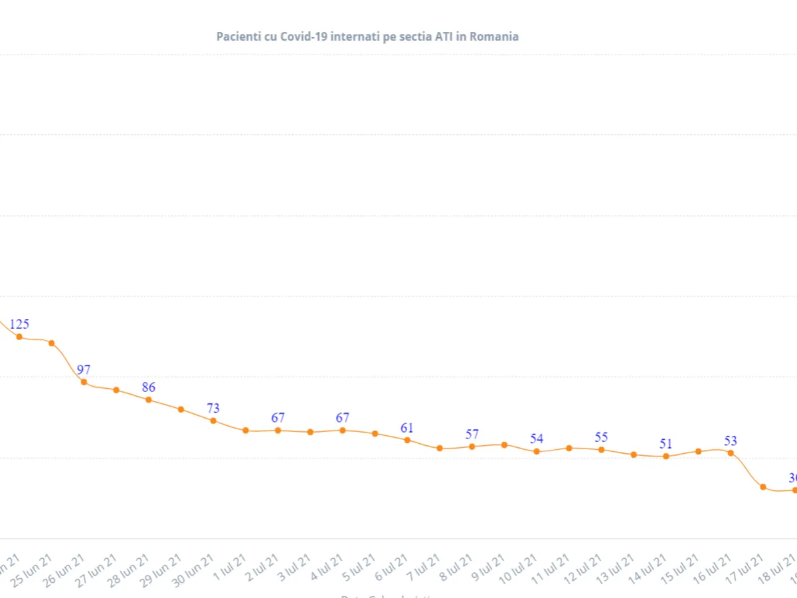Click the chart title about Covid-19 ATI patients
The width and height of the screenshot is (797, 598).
point(367,37)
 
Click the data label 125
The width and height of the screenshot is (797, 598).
point(19,324)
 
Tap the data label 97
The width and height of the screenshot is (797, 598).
point(84,370)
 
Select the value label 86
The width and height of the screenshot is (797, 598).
point(148,387)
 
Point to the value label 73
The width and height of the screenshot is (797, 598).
point(213,408)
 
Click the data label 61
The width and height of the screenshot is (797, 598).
point(407,428)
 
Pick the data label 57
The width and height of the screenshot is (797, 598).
point(472,435)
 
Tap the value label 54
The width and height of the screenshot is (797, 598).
point(537,439)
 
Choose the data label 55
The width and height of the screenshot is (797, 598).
point(601,438)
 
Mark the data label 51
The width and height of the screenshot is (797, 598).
point(666,444)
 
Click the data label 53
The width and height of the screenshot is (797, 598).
point(731,441)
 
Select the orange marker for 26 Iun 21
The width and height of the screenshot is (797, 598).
point(84,382)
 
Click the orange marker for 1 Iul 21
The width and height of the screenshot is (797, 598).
point(246,431)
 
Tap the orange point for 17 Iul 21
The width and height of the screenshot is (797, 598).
point(763,487)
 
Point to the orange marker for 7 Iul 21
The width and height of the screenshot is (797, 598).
point(440,448)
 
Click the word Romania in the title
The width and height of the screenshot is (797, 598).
point(494,37)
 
